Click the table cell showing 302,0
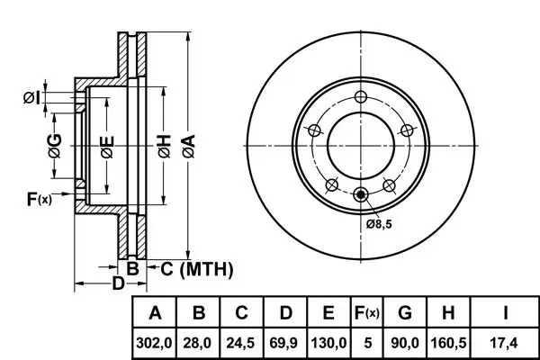click(154, 343)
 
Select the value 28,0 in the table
click(198, 343)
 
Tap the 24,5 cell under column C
click(241, 343)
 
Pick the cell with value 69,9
click(284, 343)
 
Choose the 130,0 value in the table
click(328, 343)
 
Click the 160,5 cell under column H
click(448, 343)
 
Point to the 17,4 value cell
click(504, 343)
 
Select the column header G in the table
click(405, 313)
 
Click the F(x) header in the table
click(367, 313)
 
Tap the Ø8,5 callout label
click(379, 224)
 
